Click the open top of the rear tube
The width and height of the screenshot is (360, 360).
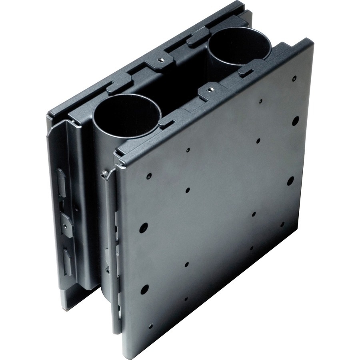pyautogui.click(x=238, y=45)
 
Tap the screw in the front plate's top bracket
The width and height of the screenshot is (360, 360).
pyautogui.click(x=210, y=88)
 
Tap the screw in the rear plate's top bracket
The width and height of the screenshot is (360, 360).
pyautogui.click(x=161, y=60)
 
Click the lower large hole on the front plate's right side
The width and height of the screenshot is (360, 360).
pyautogui.click(x=290, y=181)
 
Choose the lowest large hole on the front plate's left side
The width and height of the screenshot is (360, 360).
pyautogui.click(x=144, y=289)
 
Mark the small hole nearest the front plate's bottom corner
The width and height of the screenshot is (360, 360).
pyautogui.click(x=150, y=326)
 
